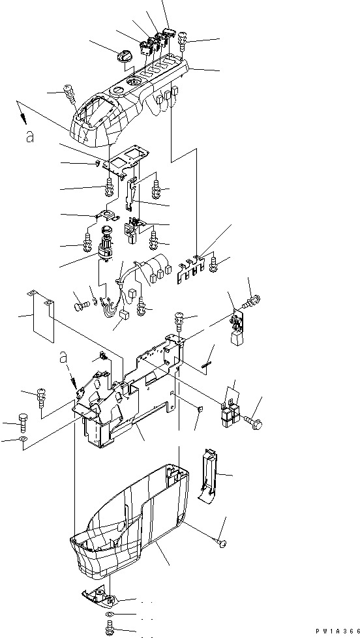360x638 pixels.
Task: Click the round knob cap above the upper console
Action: (123, 57)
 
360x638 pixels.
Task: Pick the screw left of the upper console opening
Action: (70, 95)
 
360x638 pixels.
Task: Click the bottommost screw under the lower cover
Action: (110, 628)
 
